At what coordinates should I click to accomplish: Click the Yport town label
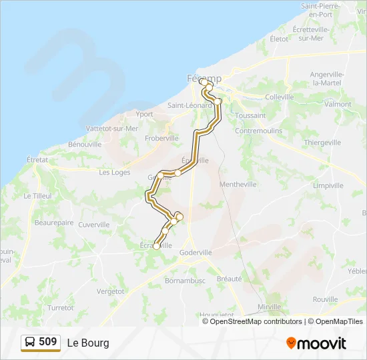pyautogui.click(x=144, y=114)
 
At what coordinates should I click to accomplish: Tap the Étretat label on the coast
pyautogui.click(x=37, y=160)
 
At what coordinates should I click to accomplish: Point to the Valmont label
pyautogui.click(x=338, y=104)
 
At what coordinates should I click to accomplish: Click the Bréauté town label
pyautogui.click(x=229, y=279)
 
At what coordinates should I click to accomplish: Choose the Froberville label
pyautogui.click(x=162, y=138)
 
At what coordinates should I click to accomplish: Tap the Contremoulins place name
pyautogui.click(x=259, y=131)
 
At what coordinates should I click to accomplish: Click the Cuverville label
pyautogui.click(x=93, y=225)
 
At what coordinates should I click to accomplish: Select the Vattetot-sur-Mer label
pyautogui.click(x=112, y=128)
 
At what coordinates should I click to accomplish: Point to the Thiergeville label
pyautogui.click(x=322, y=143)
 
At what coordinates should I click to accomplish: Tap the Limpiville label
pyautogui.click(x=328, y=185)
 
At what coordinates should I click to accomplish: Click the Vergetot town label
pyautogui.click(x=111, y=291)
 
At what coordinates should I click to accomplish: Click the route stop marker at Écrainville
pyautogui.click(x=156, y=247)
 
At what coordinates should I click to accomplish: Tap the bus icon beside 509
pyautogui.click(x=30, y=343)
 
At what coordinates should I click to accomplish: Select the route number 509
pyautogui.click(x=48, y=342)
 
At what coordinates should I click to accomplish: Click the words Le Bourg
pyautogui.click(x=87, y=343)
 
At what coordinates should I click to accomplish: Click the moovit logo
pyautogui.click(x=316, y=343)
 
